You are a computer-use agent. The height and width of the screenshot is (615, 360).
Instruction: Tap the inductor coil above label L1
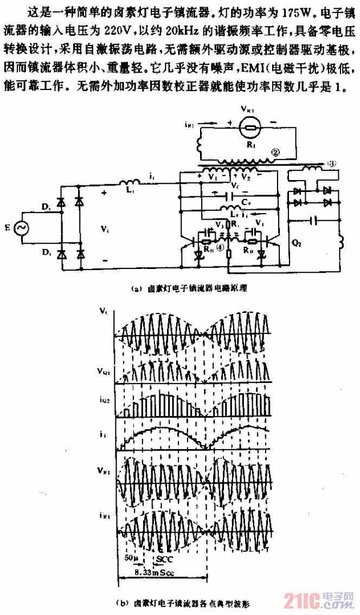click(x=128, y=182)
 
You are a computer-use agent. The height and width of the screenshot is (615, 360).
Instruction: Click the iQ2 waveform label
click(x=105, y=401)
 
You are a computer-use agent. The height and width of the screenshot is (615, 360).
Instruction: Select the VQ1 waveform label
click(x=105, y=373)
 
